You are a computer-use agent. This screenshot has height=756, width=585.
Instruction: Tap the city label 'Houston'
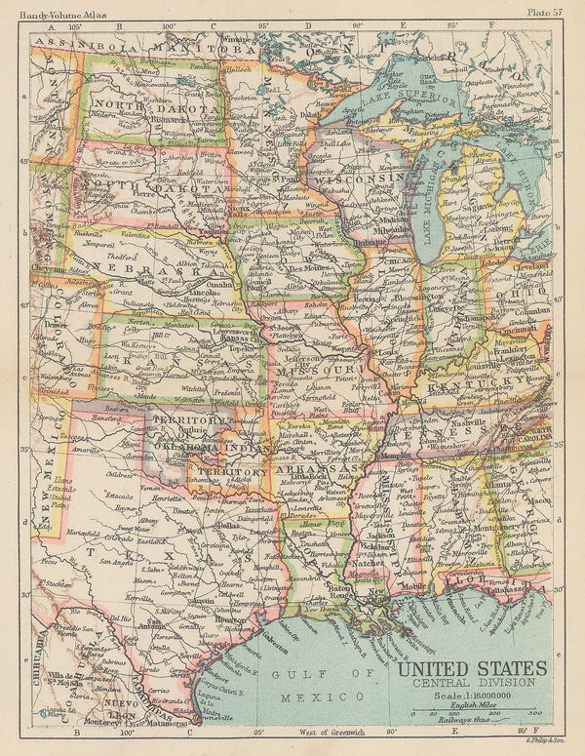tap(230, 619)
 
